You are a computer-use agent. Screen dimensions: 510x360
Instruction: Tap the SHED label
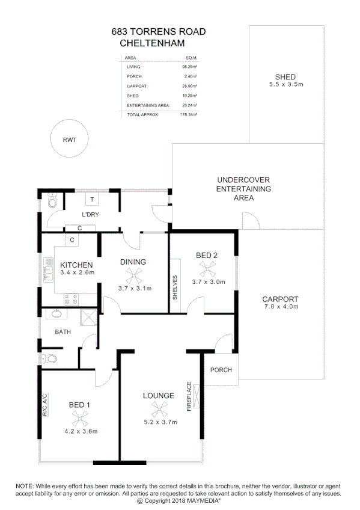coord(285,77)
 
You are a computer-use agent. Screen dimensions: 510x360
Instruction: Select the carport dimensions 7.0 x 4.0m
coord(280,306)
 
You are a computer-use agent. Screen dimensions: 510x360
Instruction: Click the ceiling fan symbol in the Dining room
coord(133,276)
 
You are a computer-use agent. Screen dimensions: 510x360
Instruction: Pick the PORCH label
coord(221,370)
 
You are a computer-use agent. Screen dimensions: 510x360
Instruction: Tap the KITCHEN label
coord(76,265)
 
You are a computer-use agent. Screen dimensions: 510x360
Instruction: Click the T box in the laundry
coord(92,199)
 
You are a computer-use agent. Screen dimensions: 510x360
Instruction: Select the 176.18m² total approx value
coord(190,114)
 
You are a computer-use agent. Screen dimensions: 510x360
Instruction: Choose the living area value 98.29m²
coord(191,67)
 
